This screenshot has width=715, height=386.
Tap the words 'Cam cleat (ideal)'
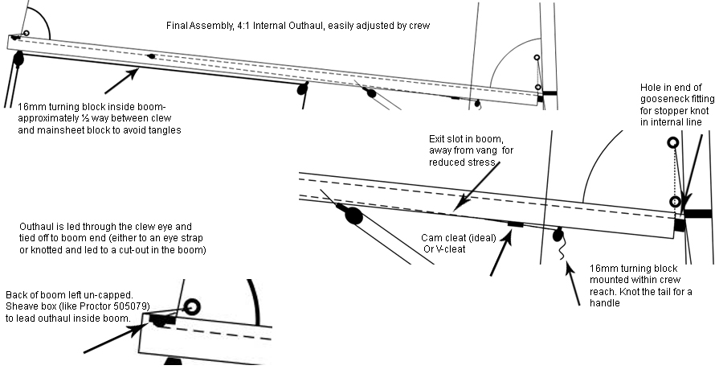pyautogui.click(x=458, y=238)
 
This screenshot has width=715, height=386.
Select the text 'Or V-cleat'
pyautogui.click(x=444, y=249)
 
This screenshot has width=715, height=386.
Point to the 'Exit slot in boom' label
pyautogui.click(x=466, y=138)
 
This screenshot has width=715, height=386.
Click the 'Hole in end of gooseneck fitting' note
pyautogui.click(x=677, y=105)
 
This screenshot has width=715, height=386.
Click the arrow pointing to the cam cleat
pyautogui.click(x=501, y=253)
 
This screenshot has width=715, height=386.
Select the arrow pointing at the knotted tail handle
pyautogui.click(x=573, y=284)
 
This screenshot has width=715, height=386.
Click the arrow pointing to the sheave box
pyautogui.click(x=114, y=338)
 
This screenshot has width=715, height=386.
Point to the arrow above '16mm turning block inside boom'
pyautogui.click(x=122, y=80)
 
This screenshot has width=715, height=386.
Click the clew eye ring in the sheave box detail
pyautogui.click(x=192, y=306)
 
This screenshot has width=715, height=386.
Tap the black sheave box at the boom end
pyautogui.click(x=161, y=320)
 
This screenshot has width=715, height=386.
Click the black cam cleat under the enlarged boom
pyautogui.click(x=515, y=224)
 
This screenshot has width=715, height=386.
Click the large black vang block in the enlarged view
pyautogui.click(x=353, y=216)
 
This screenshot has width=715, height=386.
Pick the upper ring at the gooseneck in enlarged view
pyautogui.click(x=673, y=143)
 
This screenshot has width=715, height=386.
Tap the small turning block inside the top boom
pyautogui.click(x=151, y=56)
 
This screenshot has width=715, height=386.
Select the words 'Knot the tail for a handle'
pyautogui.click(x=640, y=297)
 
